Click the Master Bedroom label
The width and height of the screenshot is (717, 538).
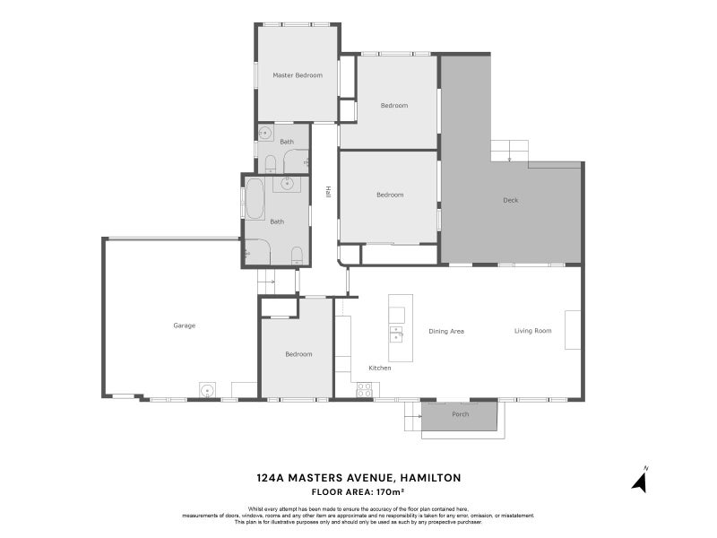tap(298, 75)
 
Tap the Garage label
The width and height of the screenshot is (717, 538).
tap(184, 325)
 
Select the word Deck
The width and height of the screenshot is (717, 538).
tap(510, 200)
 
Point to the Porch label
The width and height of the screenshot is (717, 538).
tap(460, 414)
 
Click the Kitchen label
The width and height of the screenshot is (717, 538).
tap(380, 368)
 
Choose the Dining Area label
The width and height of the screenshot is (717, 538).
tap(445, 331)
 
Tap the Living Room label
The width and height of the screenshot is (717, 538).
tap(532, 331)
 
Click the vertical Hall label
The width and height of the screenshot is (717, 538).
tap(328, 192)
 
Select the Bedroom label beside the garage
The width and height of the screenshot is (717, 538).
tap(298, 354)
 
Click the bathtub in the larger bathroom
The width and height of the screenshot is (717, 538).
tap(255, 198)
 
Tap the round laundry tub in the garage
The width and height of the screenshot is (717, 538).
tap(207, 390)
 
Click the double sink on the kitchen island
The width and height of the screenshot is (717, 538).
tap(395, 334)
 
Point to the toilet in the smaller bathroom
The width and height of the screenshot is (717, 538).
tap(270, 163)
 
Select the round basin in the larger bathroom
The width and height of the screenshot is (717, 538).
tap(288, 184)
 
